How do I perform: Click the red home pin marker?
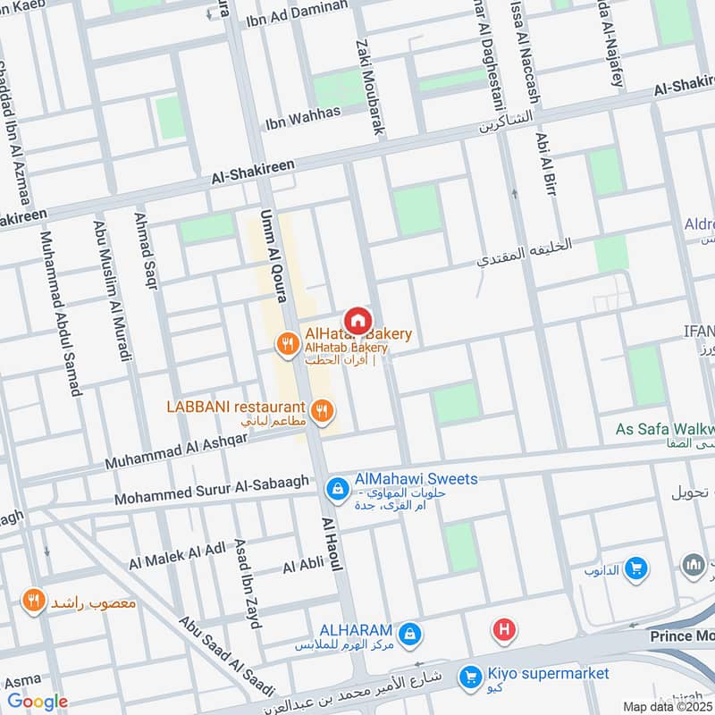357,319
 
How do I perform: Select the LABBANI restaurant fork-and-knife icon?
324,411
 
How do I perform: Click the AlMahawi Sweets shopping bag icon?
338,487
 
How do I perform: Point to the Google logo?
37,702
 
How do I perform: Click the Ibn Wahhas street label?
303,114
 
